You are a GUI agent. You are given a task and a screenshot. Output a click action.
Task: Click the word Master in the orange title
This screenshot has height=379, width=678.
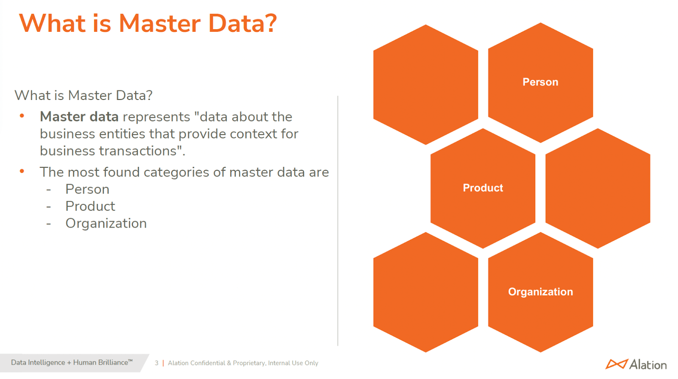pos(159,23)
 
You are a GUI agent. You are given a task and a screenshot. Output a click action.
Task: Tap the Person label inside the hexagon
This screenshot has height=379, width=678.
pos(540,82)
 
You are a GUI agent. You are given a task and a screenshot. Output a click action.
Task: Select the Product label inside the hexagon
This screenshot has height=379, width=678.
pos(483,188)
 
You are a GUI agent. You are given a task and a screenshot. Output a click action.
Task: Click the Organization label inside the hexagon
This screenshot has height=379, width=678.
pos(540,292)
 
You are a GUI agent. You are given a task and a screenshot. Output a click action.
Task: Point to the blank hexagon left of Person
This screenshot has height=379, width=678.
pos(425,85)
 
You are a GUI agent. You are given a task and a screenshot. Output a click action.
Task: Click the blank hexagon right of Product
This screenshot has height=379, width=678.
pos(597,188)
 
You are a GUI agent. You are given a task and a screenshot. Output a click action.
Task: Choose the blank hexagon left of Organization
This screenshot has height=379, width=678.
pos(425,292)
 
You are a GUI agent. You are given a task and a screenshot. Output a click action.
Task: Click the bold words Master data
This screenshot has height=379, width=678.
pos(79,117)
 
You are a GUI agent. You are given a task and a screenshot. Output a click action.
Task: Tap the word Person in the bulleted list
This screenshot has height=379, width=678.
pos(87,189)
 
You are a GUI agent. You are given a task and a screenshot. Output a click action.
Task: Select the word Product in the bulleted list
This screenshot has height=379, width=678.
pos(90,206)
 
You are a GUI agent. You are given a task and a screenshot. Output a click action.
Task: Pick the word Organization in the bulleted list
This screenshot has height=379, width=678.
pos(106,223)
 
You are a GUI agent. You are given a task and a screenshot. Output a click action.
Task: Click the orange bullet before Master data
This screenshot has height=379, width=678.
pos(22,116)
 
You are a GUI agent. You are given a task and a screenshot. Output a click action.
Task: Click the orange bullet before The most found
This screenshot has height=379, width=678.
pos(22,171)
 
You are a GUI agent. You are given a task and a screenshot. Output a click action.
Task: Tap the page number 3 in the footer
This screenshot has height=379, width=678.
pos(156,363)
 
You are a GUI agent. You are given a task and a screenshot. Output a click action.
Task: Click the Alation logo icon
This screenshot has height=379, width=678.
pos(616,364)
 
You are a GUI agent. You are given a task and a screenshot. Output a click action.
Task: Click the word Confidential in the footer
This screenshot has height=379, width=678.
pos(208,363)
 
